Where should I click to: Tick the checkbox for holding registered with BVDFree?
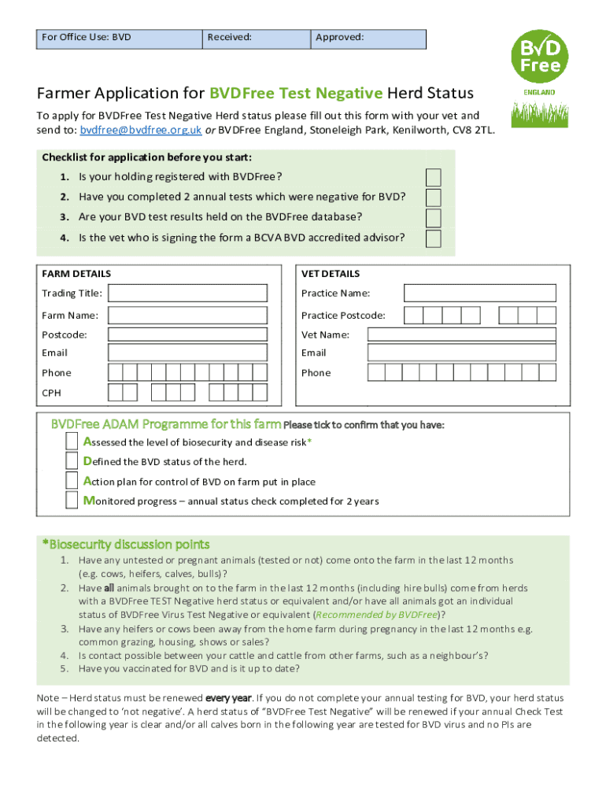(433, 177)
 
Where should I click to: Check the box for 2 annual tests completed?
(433, 198)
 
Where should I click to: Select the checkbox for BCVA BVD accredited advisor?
(433, 238)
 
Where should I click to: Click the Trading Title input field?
(194, 294)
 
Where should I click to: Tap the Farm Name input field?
(194, 316)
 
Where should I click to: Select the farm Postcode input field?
(194, 335)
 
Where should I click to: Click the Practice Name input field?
(479, 294)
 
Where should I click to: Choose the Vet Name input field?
(462, 335)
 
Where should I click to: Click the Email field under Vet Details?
(462, 353)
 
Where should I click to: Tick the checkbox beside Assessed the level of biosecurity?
(72, 442)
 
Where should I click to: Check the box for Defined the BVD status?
(72, 461)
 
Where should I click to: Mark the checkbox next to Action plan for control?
(72, 481)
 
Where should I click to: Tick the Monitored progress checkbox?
(72, 501)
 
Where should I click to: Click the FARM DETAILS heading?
(76, 274)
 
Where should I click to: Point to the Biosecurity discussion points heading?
(125, 545)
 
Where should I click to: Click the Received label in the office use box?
(229, 37)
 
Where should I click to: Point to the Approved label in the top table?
(339, 37)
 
